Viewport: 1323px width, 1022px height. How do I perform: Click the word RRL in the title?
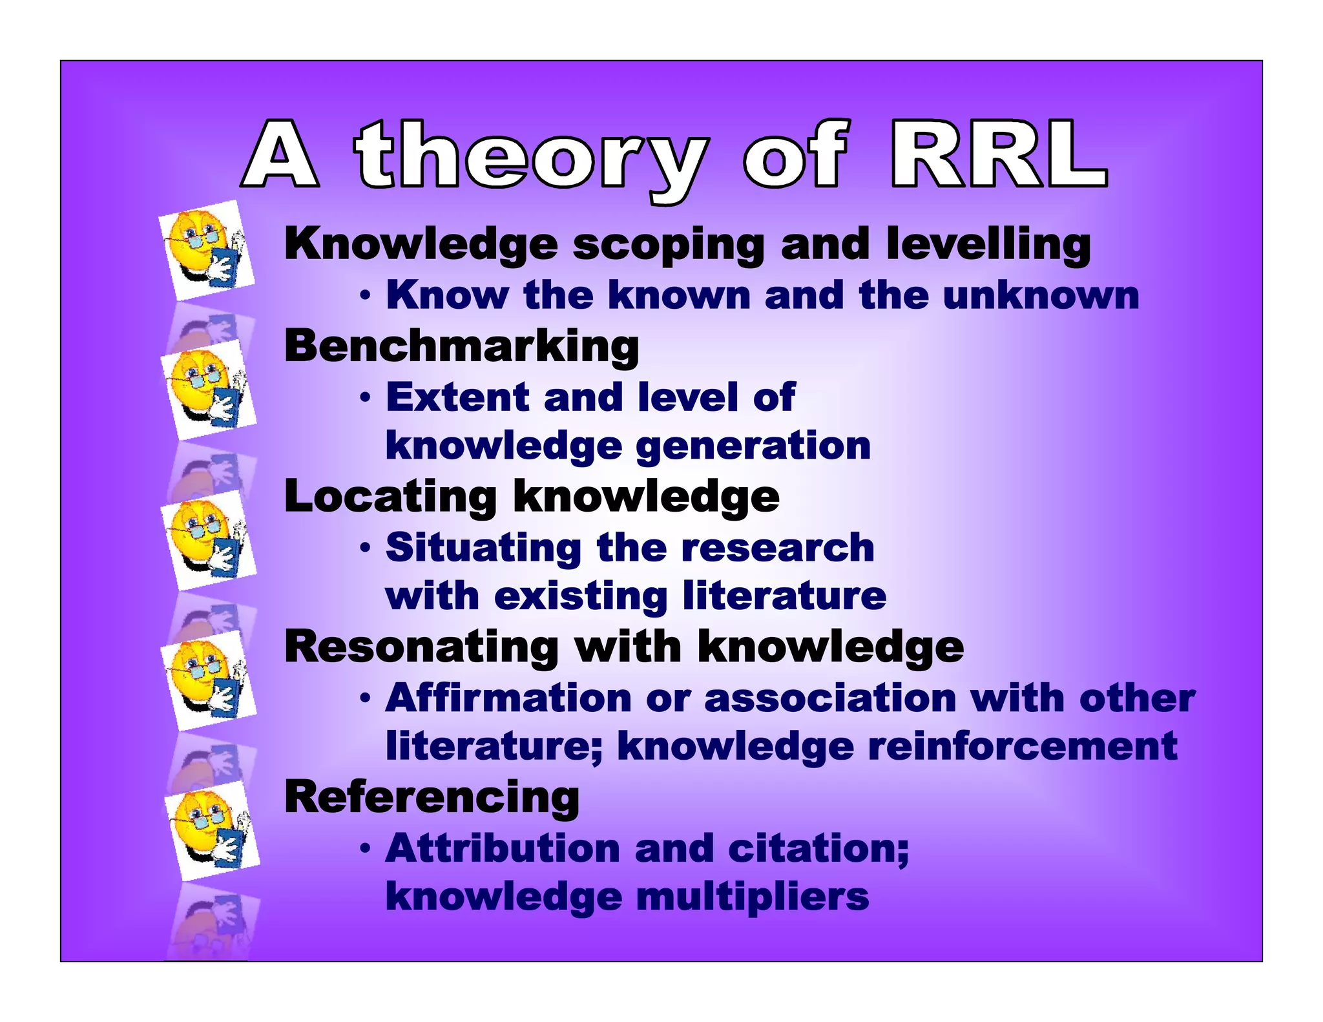(998, 155)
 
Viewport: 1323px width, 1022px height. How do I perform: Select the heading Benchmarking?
(461, 346)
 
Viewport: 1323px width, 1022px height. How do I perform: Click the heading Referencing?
(432, 797)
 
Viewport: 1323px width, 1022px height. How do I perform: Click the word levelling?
(988, 245)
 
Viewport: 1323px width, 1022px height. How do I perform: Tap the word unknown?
(1041, 296)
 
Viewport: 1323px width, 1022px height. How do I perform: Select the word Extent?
(457, 397)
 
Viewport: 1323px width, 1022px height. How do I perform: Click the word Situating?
(483, 548)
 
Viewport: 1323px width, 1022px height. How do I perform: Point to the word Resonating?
(421, 647)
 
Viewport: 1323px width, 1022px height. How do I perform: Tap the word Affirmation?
(508, 698)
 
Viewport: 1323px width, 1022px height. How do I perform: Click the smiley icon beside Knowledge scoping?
(206, 249)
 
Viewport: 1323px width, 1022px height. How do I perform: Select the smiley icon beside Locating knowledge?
(208, 539)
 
